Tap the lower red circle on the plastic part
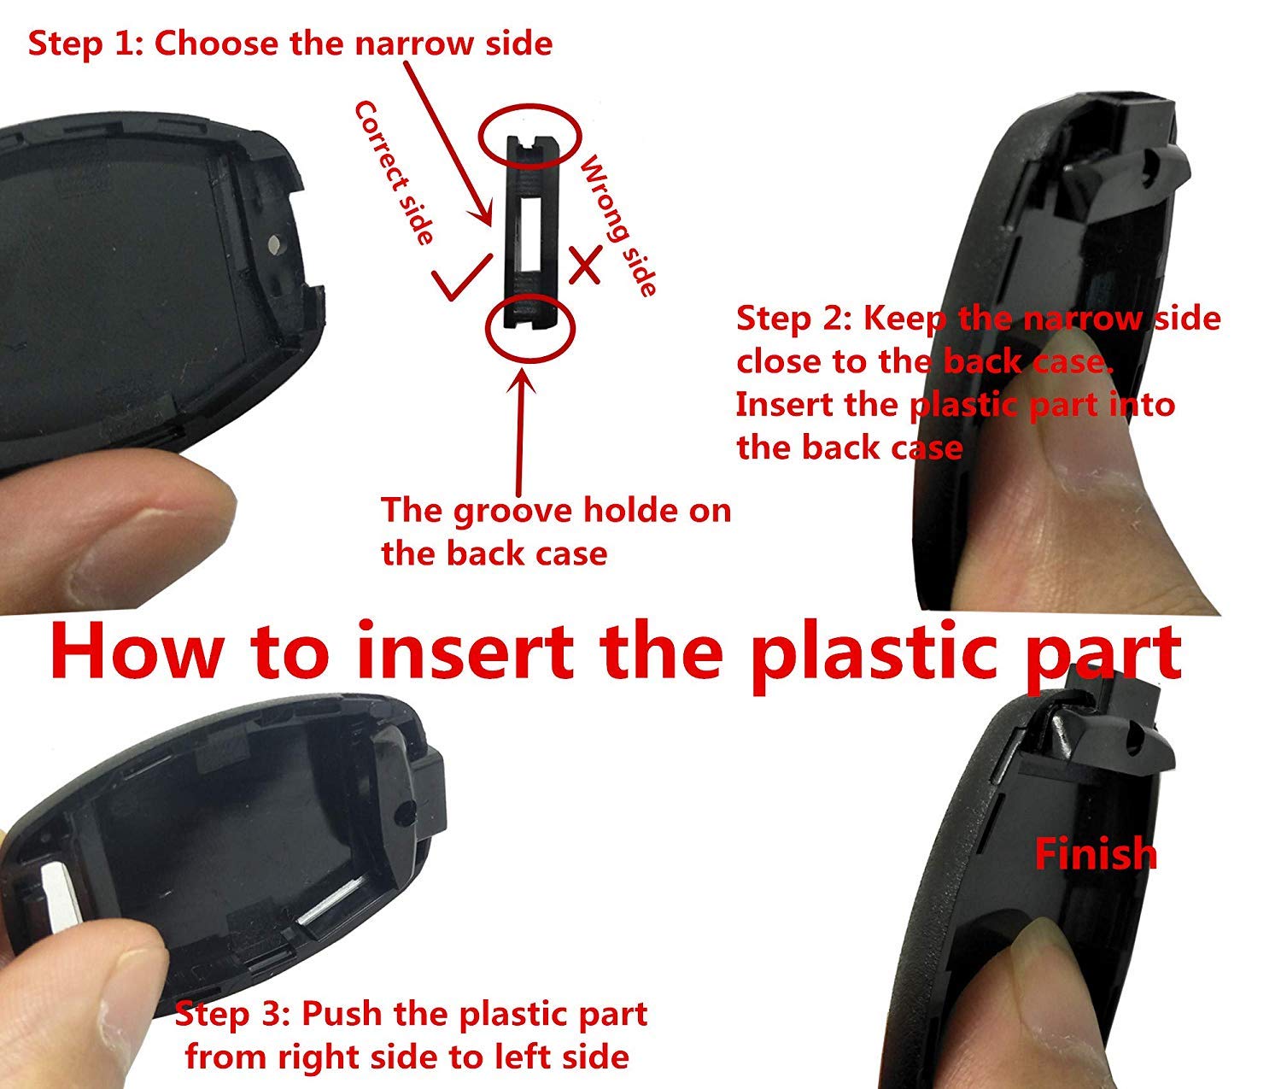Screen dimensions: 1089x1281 530,328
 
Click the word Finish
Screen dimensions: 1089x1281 1096,853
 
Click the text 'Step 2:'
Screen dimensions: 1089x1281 793,318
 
